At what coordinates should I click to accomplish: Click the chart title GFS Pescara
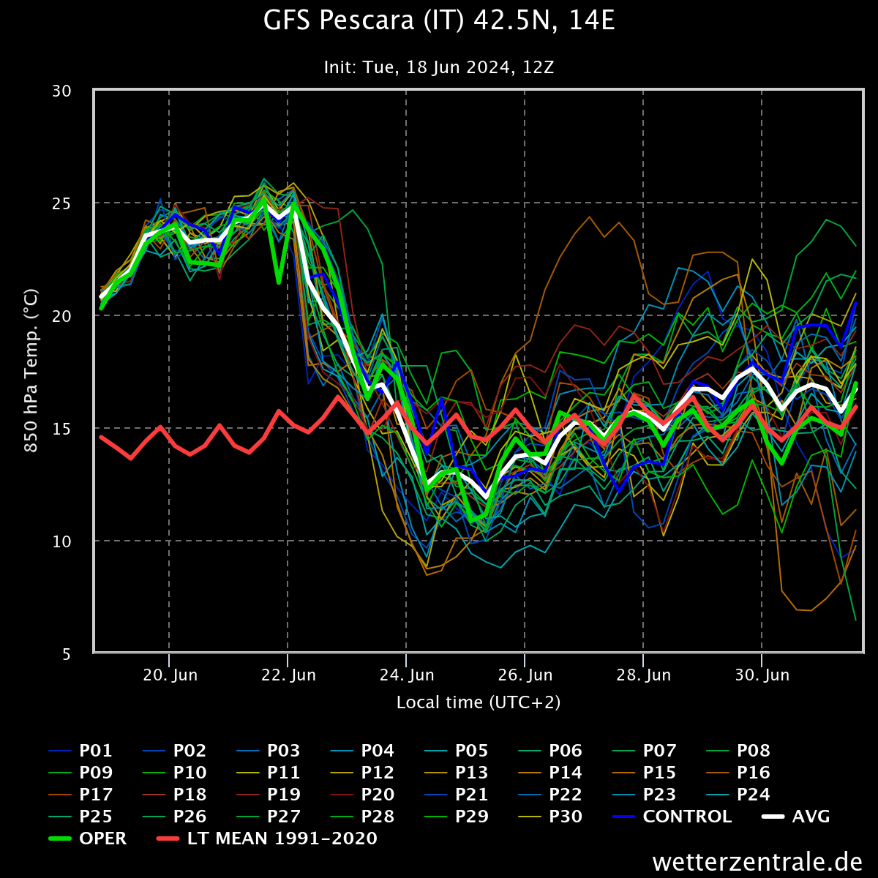tap(439, 22)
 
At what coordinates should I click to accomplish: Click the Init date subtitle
tap(439, 68)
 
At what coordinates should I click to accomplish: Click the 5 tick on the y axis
tap(66, 654)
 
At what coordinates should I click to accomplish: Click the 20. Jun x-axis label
tap(170, 675)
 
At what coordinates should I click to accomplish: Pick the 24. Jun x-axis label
tap(406, 675)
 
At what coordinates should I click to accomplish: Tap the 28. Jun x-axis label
tap(643, 675)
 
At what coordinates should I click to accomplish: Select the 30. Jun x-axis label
tap(762, 675)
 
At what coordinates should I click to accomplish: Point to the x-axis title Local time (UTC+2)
tap(479, 702)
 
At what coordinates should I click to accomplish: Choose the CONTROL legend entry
tap(686, 817)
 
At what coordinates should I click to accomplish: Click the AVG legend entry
tap(811, 817)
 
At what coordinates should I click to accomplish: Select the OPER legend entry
tap(102, 838)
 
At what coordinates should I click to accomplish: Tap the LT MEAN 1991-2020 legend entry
tap(282, 838)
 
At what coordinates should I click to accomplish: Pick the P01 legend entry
tap(96, 751)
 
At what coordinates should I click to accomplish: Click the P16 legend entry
tap(753, 773)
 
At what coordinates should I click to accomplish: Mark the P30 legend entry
tap(566, 817)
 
